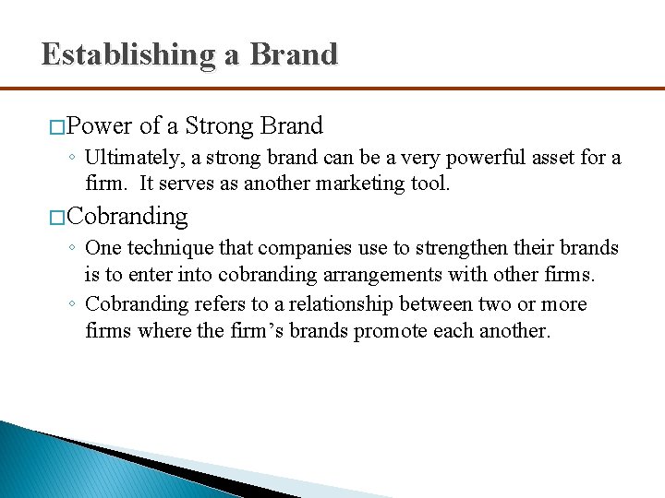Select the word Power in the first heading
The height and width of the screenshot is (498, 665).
coord(100,125)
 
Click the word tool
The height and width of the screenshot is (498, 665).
coord(428,183)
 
